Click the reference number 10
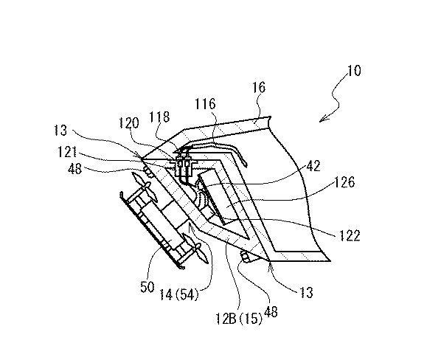tap(354, 71)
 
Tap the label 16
tap(259, 88)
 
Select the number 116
tap(206, 104)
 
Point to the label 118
tap(159, 117)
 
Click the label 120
tap(129, 123)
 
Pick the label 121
tap(67, 152)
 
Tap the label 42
tap(313, 166)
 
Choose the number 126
tap(345, 182)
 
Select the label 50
tap(147, 287)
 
